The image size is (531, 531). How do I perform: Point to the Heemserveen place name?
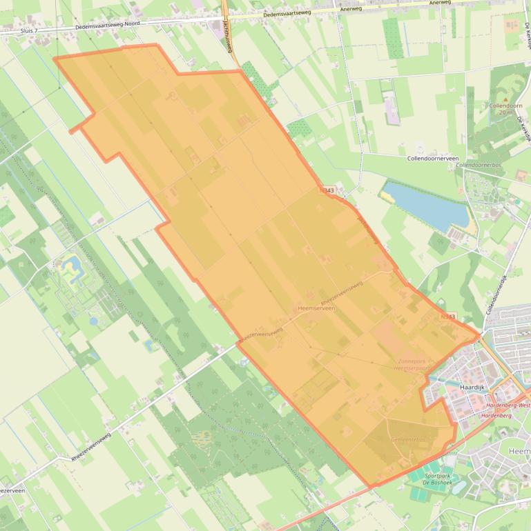[x=316, y=308]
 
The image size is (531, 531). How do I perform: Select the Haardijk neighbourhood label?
[x=473, y=387]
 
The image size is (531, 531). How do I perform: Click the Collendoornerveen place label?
[x=432, y=158]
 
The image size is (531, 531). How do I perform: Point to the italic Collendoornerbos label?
[x=478, y=166]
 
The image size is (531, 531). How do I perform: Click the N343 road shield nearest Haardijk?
[x=447, y=317]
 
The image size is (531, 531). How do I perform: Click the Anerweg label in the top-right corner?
[x=439, y=3]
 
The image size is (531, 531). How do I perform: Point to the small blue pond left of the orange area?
[x=72, y=264]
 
